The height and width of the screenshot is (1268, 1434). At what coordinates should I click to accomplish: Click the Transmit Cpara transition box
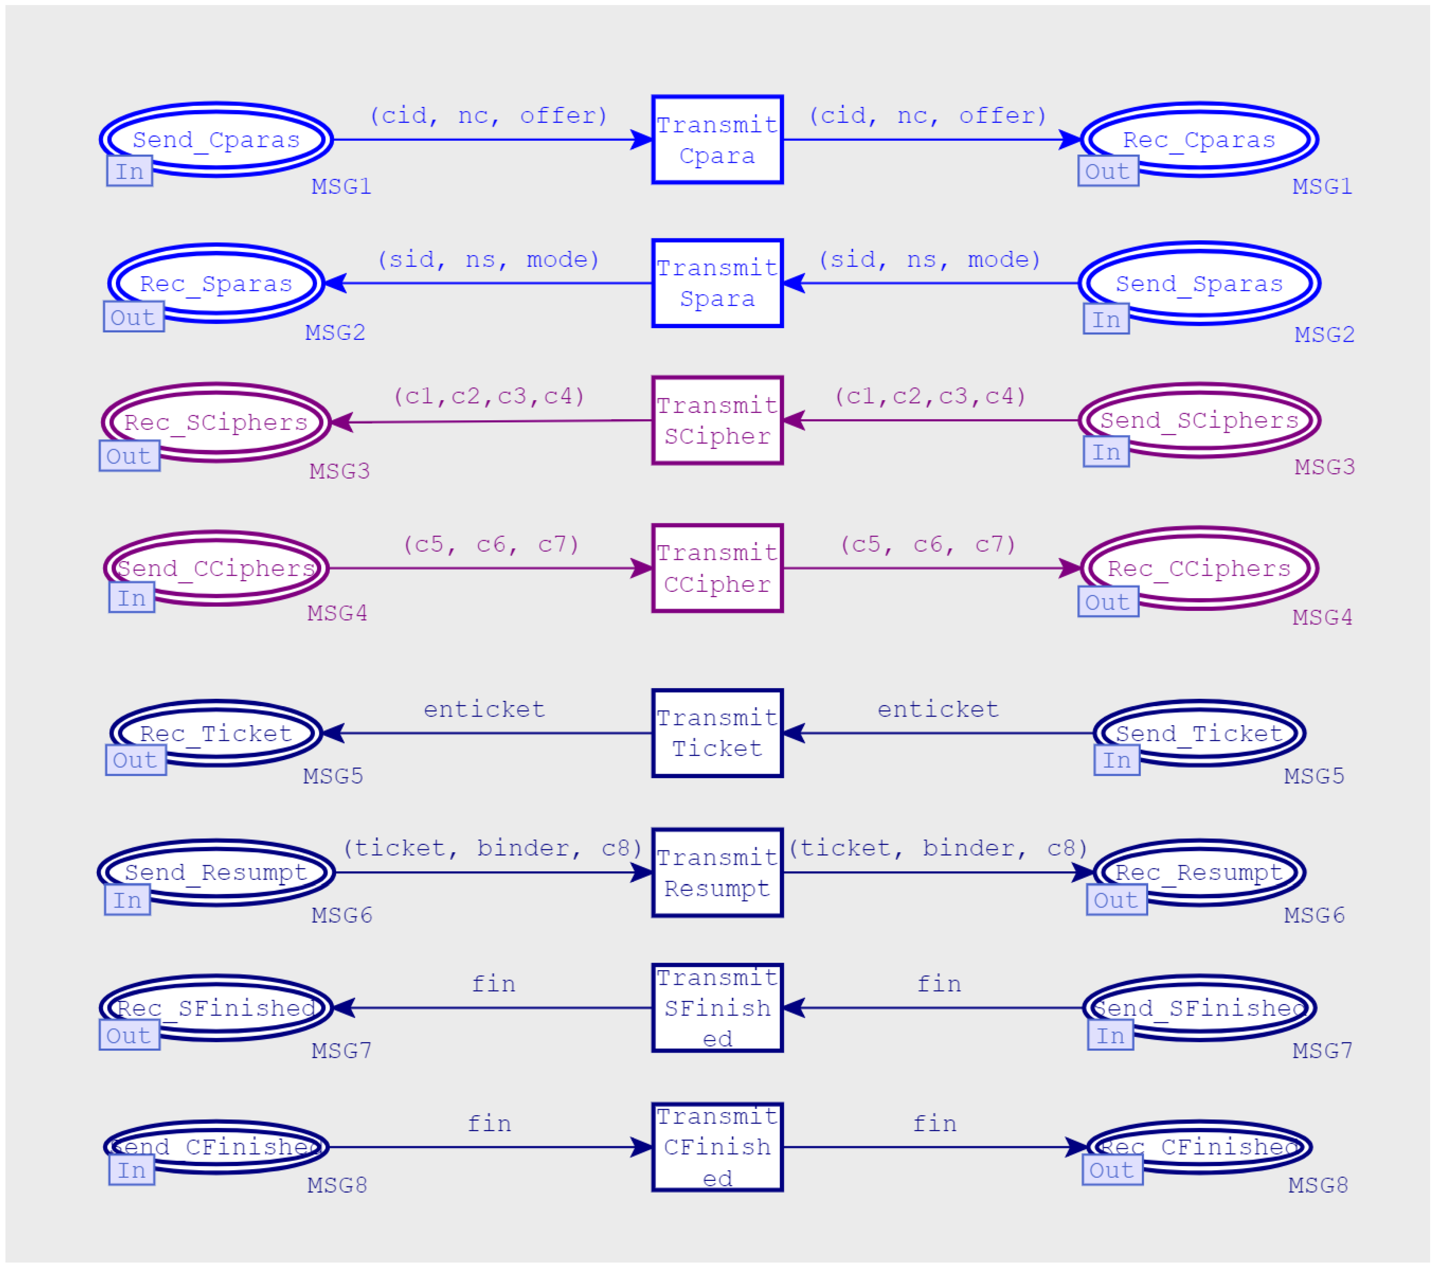pos(717,140)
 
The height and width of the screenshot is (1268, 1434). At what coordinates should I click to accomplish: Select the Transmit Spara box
pos(717,283)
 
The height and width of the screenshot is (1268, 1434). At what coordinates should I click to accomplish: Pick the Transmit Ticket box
pos(717,733)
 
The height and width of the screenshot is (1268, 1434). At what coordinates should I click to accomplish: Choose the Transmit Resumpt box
pos(717,873)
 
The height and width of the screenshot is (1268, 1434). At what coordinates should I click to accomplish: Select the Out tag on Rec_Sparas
pos(133,317)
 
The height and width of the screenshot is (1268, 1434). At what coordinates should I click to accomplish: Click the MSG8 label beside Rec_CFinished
pos(1318,1185)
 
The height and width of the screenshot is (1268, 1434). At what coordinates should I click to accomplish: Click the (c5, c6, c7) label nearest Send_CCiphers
pos(491,544)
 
